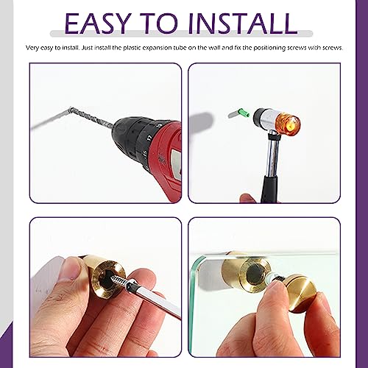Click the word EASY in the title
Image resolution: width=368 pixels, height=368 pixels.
click(97, 23)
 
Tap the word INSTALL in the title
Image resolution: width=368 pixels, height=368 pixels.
click(243, 23)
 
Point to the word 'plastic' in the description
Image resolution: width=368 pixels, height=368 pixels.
click(132, 48)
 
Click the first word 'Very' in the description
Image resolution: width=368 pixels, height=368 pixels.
click(32, 48)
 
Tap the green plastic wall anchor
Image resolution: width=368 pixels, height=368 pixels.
click(244, 113)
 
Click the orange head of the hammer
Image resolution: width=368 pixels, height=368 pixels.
click(288, 124)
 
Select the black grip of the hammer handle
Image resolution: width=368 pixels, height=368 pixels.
click(269, 189)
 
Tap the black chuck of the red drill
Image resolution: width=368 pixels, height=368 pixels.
click(138, 140)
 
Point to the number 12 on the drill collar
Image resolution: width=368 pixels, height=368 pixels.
click(149, 138)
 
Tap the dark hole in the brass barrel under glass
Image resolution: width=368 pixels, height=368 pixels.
click(254, 274)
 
